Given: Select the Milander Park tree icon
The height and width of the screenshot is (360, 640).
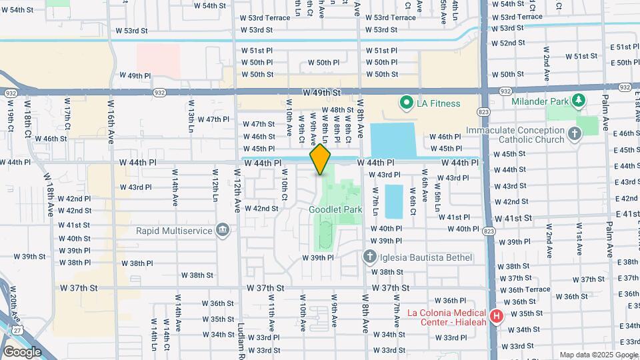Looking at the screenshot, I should point(579,101).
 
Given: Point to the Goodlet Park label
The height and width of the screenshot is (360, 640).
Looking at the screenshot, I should point(335,209).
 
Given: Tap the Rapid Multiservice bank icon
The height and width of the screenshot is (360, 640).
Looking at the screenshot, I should point(223,231).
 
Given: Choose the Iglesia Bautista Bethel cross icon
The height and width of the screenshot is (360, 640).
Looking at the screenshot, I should point(369,257).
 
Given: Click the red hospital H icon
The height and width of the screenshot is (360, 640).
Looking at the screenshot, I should point(496,316).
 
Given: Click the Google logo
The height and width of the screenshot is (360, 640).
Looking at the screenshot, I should point(22,351).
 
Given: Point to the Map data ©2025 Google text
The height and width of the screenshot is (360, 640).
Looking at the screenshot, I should point(598,355).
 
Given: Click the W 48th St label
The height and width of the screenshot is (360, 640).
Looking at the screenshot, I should point(337,110).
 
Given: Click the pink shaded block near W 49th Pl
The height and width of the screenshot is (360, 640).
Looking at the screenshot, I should point(158,60).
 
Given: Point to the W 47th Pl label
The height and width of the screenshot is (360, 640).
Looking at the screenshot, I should point(213,119).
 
